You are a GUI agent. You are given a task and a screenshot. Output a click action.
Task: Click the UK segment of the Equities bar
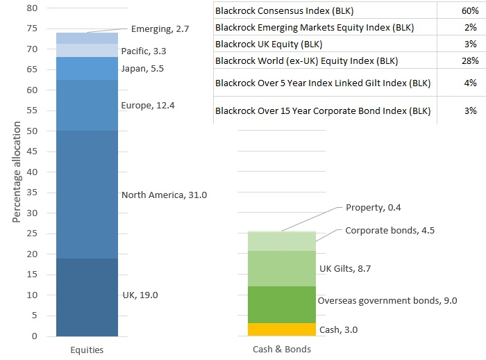tap(87, 297)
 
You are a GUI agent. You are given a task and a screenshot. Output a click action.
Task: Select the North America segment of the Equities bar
tap(87, 195)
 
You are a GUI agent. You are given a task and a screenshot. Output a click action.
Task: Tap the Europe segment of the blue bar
tap(87, 105)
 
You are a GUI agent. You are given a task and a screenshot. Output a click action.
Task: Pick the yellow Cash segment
tap(282, 329)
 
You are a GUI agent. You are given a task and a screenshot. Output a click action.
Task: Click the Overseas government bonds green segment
tap(282, 305)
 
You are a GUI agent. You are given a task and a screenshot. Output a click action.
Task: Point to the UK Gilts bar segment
tap(282, 268)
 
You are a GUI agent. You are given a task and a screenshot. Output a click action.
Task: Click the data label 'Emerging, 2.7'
tap(160, 29)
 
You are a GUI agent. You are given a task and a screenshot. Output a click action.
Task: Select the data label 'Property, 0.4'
tap(374, 208)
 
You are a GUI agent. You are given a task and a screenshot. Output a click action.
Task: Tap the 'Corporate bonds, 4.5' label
tap(390, 231)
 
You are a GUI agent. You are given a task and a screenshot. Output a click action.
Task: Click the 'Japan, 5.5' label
tap(142, 69)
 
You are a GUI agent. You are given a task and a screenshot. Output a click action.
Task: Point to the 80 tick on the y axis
tap(32, 8)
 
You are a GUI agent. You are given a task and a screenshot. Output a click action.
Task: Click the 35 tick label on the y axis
tap(32, 193)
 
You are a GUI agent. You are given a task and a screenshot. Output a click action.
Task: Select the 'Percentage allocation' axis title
tap(17, 172)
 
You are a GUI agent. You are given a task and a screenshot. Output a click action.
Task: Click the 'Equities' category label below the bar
tap(87, 350)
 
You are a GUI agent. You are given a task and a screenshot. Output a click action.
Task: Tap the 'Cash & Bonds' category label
tap(282, 349)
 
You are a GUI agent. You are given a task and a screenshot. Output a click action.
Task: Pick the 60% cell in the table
tap(470, 11)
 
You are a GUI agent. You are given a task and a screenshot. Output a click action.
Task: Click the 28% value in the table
tap(470, 60)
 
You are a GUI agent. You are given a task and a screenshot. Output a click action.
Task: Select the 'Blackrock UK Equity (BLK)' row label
tap(269, 44)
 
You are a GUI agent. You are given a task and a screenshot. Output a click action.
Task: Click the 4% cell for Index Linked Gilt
tap(470, 83)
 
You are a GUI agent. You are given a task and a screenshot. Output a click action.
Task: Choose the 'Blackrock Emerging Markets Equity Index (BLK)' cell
tap(315, 28)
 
